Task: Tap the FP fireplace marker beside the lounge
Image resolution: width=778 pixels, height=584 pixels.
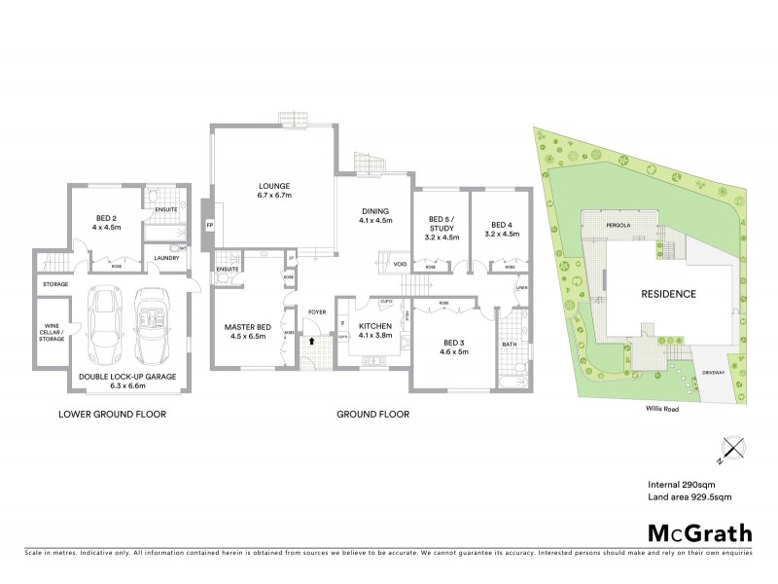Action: (209, 226)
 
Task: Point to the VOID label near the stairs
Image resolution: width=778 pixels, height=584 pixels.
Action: (400, 264)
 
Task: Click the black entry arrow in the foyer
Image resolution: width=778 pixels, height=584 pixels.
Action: (311, 342)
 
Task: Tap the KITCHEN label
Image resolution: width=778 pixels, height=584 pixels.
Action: (374, 327)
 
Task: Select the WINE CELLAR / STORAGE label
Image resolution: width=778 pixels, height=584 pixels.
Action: (53, 333)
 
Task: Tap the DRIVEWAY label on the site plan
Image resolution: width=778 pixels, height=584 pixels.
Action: (715, 370)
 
